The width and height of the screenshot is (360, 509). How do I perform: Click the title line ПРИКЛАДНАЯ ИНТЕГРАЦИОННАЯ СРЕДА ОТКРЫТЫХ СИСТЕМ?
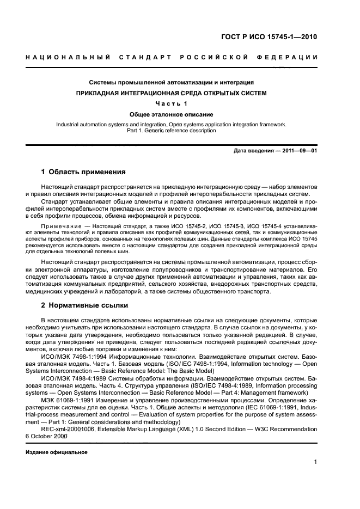point(172,93)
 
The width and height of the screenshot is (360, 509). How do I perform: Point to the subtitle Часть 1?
point(172,104)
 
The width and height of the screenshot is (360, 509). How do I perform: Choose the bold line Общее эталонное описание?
point(172,115)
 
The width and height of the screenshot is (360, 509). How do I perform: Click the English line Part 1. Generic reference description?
point(172,131)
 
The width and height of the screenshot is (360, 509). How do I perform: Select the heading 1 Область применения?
point(83,172)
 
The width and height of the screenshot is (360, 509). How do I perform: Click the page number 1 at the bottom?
point(315,463)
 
